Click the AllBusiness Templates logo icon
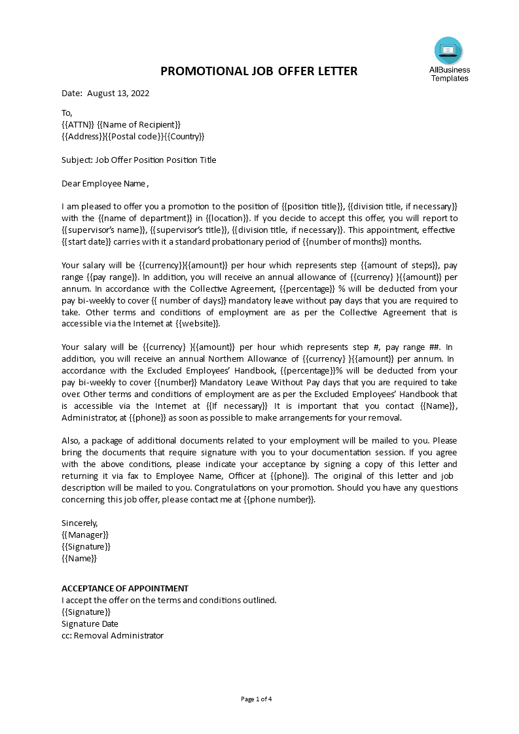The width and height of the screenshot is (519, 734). [448, 50]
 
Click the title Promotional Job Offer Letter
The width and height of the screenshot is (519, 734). [259, 71]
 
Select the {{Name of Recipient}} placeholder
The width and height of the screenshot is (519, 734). [139, 124]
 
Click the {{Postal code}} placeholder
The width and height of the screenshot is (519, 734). [134, 136]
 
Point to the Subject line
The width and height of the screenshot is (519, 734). [139, 160]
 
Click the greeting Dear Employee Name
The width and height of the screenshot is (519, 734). [105, 183]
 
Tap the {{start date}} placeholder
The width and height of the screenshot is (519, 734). [86, 241]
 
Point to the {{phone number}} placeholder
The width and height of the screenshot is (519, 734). [284, 499]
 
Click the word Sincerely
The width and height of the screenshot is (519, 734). [79, 523]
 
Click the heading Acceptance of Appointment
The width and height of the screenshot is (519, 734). [125, 588]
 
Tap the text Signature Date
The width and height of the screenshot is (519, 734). [90, 623]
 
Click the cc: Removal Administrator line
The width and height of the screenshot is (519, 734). [112, 635]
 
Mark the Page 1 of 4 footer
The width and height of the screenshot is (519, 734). [257, 699]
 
